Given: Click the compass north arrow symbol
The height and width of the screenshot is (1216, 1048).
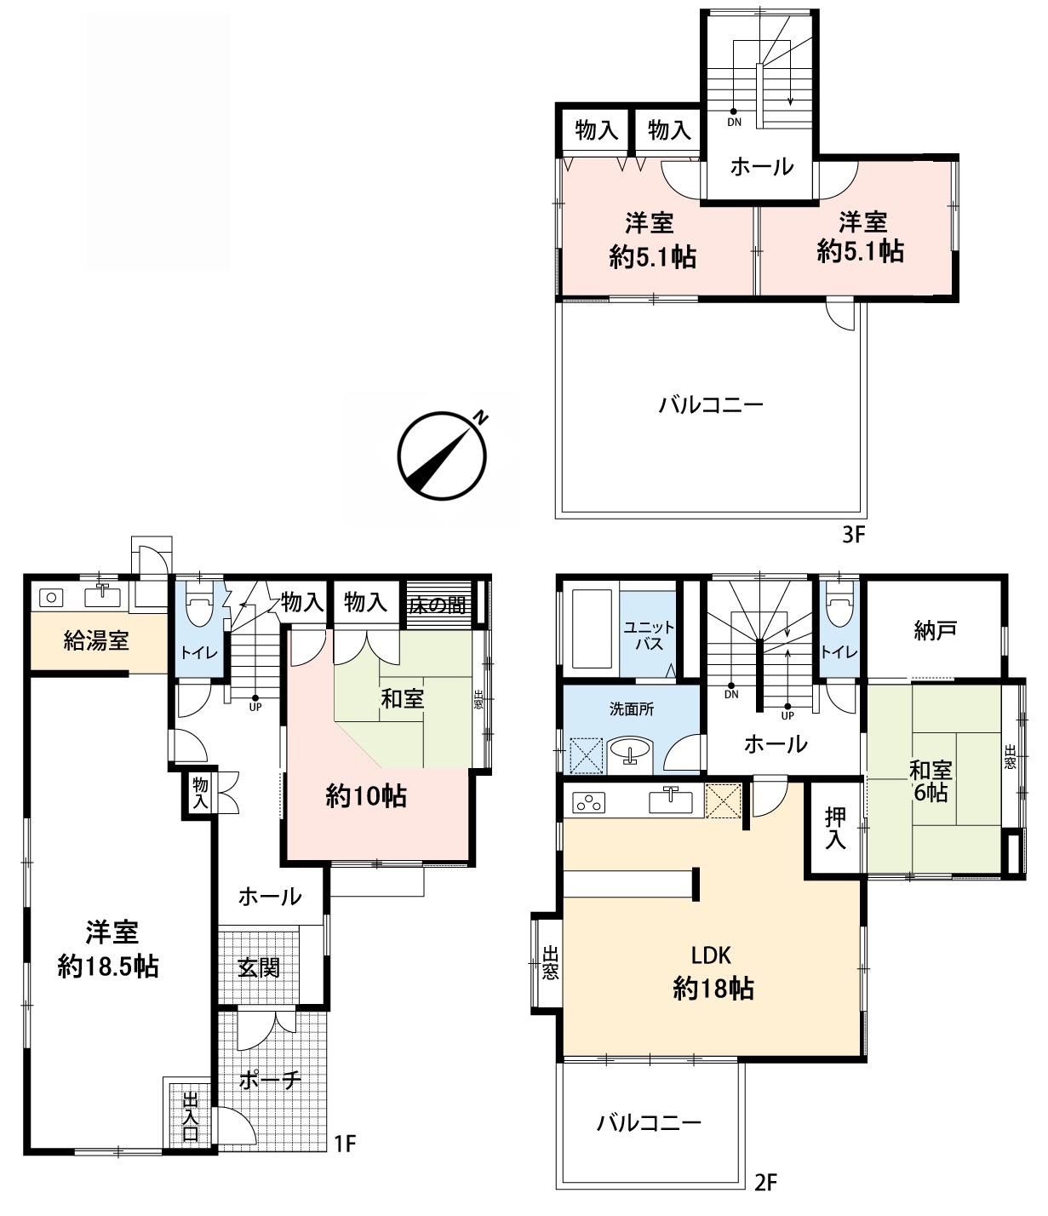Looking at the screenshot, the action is [443, 456].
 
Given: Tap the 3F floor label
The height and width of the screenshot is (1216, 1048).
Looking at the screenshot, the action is [853, 535].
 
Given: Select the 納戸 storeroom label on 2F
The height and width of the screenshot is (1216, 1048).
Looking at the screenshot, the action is [935, 631].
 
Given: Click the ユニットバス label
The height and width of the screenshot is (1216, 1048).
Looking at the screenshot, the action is [649, 635].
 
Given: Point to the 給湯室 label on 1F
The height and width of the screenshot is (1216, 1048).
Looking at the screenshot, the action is [96, 640].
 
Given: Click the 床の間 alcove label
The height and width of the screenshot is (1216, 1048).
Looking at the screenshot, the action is [438, 605].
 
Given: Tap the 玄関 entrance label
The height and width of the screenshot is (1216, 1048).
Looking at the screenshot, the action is [259, 967].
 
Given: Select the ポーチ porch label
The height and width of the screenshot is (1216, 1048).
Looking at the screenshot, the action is [271, 1080].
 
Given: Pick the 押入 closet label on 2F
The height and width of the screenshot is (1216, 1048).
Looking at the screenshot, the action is [835, 829].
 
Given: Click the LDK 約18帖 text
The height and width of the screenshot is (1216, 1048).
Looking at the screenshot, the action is [713, 972].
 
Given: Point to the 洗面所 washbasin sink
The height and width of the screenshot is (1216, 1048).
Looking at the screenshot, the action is [631, 751].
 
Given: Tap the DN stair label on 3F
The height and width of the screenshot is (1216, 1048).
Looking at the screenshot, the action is [735, 123].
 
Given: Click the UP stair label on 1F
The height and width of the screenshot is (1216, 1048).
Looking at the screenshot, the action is [255, 707].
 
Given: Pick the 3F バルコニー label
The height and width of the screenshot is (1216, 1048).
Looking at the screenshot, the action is [710, 404].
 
